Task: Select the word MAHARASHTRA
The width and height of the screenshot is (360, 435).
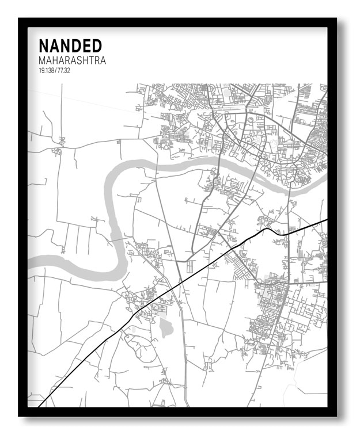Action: tap(72, 60)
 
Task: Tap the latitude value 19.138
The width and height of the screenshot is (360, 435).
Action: tap(47, 70)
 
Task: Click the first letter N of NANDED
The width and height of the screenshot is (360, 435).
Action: tap(44, 46)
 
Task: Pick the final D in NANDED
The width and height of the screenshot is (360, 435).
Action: tap(96, 46)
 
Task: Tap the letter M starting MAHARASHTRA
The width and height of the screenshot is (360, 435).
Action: tap(42, 60)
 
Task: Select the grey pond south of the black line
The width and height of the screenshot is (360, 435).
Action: tap(166, 328)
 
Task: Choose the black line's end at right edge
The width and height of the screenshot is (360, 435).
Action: tap(327, 220)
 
